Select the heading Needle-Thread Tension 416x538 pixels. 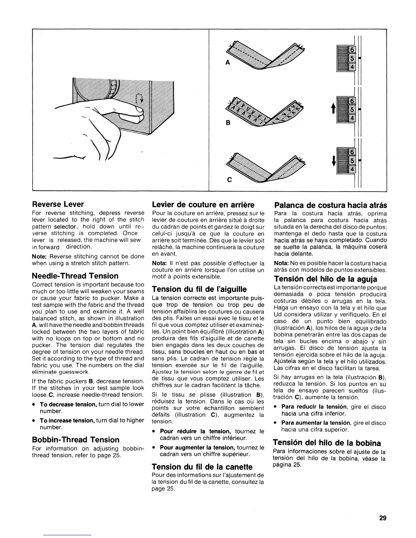[75, 276]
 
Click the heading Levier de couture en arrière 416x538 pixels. [203, 205]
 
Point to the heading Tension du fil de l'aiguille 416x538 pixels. [198, 289]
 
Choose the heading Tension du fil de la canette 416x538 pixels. [202, 467]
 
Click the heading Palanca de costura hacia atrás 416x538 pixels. [330, 205]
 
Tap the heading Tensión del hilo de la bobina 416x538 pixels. [327, 443]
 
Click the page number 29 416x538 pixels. [383, 518]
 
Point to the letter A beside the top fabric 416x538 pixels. [227, 62]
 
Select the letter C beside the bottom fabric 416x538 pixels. [229, 180]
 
